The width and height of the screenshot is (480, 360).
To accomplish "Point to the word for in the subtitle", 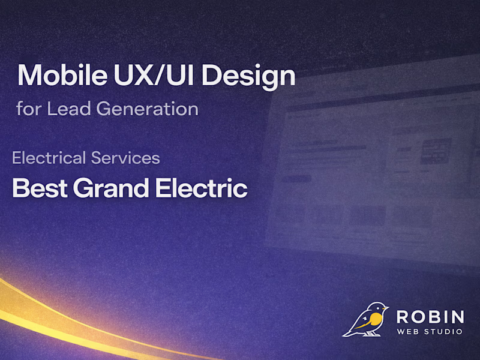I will [x=29, y=110].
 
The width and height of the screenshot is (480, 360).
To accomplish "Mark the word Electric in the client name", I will [x=202, y=188].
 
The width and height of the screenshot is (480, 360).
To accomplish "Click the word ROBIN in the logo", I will [x=430, y=317].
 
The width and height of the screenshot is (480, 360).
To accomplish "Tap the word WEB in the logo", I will [x=409, y=332].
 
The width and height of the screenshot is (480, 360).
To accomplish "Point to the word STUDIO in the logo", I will [x=445, y=332].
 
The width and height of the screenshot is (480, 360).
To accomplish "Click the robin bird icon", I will [x=366, y=319].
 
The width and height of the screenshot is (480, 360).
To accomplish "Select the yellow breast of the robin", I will [x=375, y=322].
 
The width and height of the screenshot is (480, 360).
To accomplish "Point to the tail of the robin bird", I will [x=348, y=332].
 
